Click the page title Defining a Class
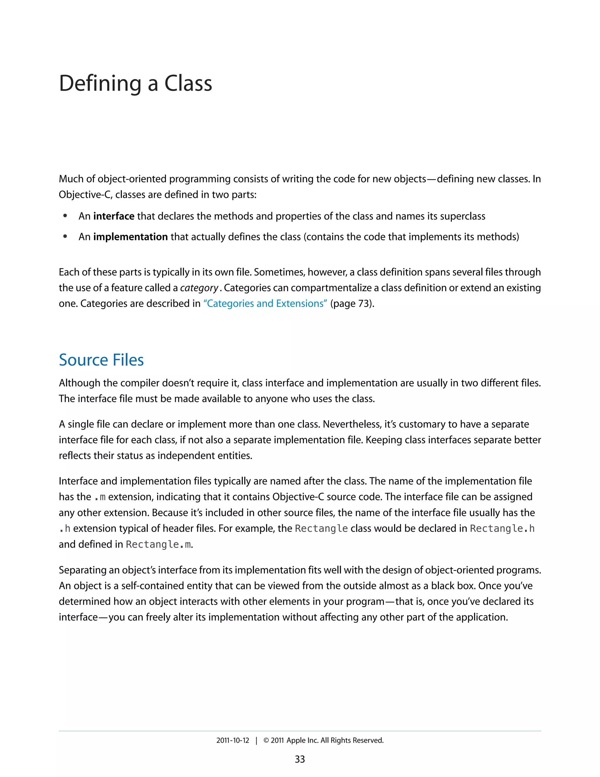[135, 84]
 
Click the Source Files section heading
[101, 360]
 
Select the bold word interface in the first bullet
[114, 216]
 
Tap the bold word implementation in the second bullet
[130, 237]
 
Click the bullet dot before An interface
[65, 216]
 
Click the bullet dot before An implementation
[65, 237]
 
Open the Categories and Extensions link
[265, 303]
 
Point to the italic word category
[199, 288]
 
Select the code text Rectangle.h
[502, 529]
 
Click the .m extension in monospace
[100, 497]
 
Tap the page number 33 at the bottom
[300, 759]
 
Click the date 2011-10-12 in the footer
[233, 740]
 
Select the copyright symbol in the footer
[266, 740]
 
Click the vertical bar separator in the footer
[256, 740]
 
